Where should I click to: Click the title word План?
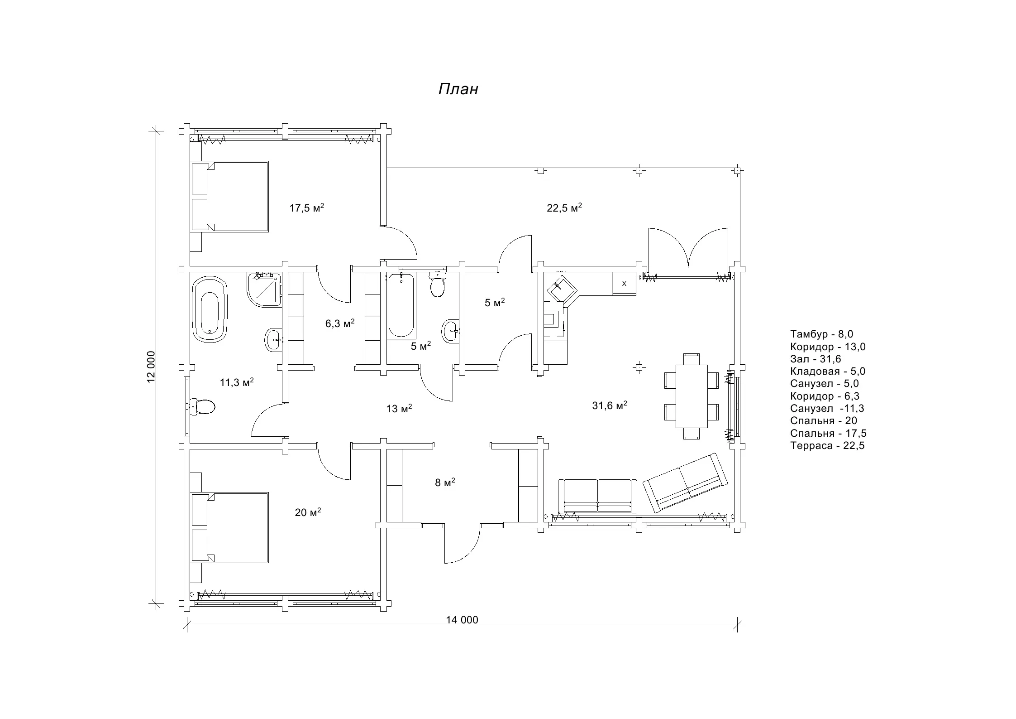pyautogui.click(x=458, y=89)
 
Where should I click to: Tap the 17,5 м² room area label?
pyautogui.click(x=307, y=208)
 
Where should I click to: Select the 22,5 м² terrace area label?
pyautogui.click(x=564, y=208)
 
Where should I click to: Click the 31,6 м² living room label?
pyautogui.click(x=610, y=405)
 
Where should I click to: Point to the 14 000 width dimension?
pyautogui.click(x=462, y=620)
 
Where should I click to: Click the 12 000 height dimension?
pyautogui.click(x=151, y=367)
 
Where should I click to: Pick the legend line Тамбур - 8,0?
pyautogui.click(x=821, y=334)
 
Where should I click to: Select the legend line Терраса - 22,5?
pyautogui.click(x=827, y=446)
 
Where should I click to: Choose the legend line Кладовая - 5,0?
pyautogui.click(x=828, y=372)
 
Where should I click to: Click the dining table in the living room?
pyautogui.click(x=692, y=396)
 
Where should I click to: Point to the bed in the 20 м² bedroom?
pyautogui.click(x=230, y=527)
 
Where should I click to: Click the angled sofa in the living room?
pyautogui.click(x=686, y=482)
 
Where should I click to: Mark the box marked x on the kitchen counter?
pyautogui.click(x=625, y=284)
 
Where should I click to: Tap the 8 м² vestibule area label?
pyautogui.click(x=445, y=483)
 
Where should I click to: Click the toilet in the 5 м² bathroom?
pyautogui.click(x=437, y=284)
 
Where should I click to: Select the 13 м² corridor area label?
pyautogui.click(x=399, y=409)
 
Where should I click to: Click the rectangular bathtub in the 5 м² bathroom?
pyautogui.click(x=401, y=306)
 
